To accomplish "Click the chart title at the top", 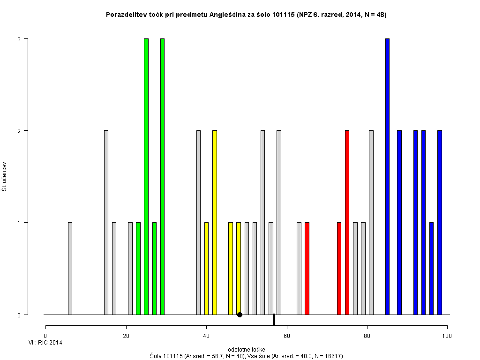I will [x=246, y=15].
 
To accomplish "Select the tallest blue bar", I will [x=387, y=176].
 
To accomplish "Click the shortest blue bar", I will [x=431, y=268].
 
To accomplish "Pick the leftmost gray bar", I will [x=70, y=268].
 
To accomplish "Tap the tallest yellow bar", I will [x=214, y=222].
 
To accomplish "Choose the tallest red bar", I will [x=347, y=222].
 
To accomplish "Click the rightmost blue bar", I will [x=439, y=222].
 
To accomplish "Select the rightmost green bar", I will [x=162, y=176].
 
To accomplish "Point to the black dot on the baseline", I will [x=240, y=315].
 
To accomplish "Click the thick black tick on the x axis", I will [x=274, y=319].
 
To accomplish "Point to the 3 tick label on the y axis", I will [x=19, y=39].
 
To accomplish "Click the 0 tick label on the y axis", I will [x=19, y=315].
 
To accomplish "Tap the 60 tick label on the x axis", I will [x=286, y=336].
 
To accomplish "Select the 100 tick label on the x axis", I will [x=447, y=336].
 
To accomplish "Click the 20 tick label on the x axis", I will [x=126, y=336].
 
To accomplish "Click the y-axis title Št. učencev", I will [x=4, y=177].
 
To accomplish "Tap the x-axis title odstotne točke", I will [x=246, y=350].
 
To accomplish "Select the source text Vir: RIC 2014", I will [x=45, y=343].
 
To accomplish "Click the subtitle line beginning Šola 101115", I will [x=246, y=356].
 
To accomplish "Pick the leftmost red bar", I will [x=307, y=268].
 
